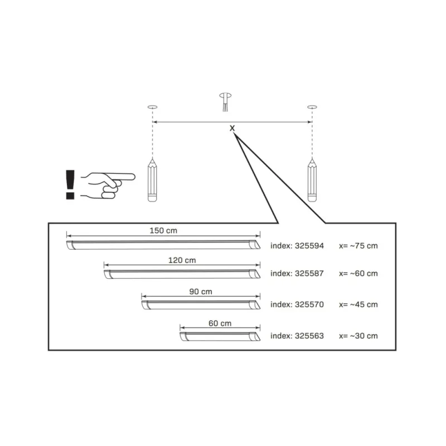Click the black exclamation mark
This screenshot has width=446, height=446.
(x=70, y=185)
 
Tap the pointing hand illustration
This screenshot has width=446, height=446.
(x=108, y=185)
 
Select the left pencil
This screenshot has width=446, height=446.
(x=152, y=180)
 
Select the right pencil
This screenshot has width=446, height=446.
(x=312, y=180)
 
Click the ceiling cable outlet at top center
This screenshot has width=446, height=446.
(x=225, y=102)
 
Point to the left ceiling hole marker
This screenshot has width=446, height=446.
(x=152, y=107)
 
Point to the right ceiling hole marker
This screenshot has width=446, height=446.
(x=312, y=107)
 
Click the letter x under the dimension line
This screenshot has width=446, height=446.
(x=232, y=128)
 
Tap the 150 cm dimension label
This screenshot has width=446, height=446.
(x=163, y=230)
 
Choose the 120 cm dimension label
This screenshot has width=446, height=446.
(x=182, y=260)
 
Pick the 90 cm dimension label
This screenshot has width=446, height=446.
(x=201, y=292)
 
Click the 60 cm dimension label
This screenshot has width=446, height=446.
(x=220, y=323)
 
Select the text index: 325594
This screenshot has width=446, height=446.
(x=297, y=246)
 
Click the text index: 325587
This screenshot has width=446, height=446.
(x=297, y=273)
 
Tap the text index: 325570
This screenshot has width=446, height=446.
(x=297, y=304)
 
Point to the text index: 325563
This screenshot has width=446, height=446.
(x=297, y=336)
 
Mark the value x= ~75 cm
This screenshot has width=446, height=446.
(x=358, y=246)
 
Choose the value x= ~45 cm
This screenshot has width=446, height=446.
(x=358, y=304)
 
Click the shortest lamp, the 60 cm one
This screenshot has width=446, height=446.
(x=220, y=336)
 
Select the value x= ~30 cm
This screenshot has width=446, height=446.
(x=358, y=336)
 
